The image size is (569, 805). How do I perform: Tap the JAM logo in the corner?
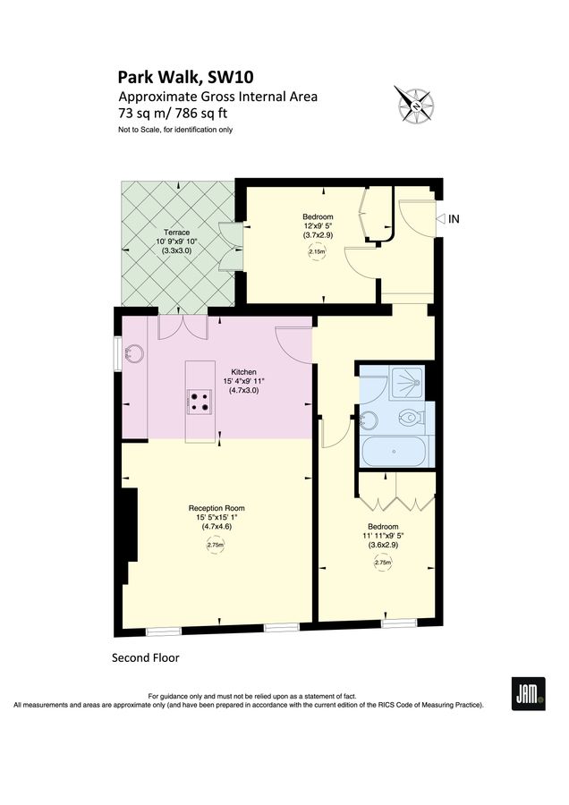coord(528,693)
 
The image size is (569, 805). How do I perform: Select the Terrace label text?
coord(176,232)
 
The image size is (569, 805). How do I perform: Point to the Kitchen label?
coord(244,371)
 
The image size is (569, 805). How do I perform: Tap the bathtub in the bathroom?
coord(395,449)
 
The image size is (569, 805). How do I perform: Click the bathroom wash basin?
coord(368,418)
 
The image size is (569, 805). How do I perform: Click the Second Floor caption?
coord(145,657)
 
